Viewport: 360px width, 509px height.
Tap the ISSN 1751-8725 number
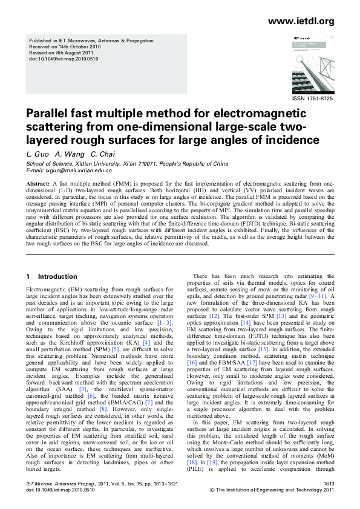point(312,98)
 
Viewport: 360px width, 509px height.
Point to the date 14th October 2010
point(82,47)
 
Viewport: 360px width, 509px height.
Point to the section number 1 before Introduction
point(28,277)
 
